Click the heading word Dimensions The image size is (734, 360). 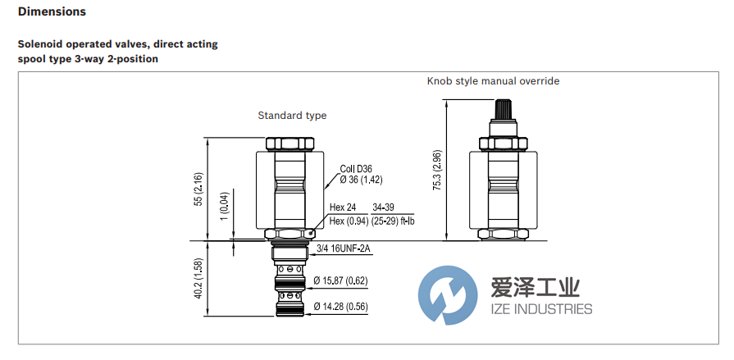coord(52,12)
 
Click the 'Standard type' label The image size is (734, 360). coord(292,116)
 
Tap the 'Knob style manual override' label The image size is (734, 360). coord(493,81)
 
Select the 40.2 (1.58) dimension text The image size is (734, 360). coord(197,279)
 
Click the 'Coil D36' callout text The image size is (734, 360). coord(356,169)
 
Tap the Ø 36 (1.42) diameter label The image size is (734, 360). coord(362,180)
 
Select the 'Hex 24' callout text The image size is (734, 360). coord(343,207)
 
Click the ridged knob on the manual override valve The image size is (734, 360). coord(503,110)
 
